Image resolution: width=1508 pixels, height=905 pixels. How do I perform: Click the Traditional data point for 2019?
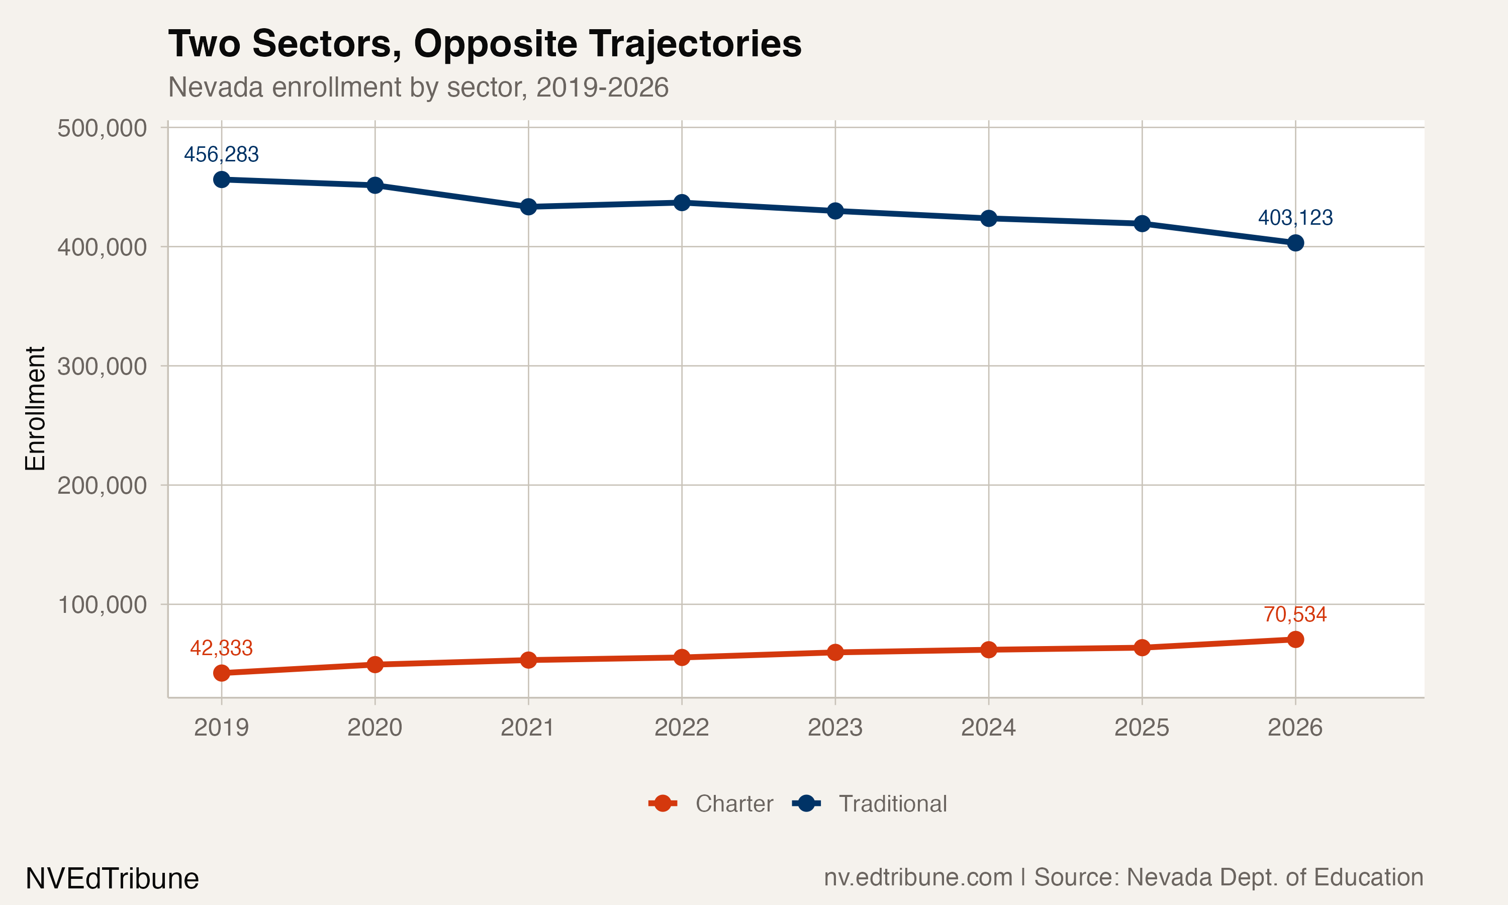(221, 179)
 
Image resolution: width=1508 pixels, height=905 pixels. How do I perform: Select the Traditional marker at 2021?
(528, 207)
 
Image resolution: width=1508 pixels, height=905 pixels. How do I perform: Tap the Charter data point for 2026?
(1295, 639)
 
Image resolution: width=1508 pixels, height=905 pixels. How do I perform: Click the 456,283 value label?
(221, 154)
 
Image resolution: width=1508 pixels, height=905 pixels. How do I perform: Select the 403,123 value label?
(1295, 218)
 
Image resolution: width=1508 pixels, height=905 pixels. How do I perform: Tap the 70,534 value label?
(1295, 614)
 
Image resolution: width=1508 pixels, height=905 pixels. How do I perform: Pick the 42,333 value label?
(221, 648)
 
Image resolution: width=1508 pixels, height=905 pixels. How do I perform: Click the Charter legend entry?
(711, 804)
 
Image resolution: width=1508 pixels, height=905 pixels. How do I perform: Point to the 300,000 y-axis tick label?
(102, 366)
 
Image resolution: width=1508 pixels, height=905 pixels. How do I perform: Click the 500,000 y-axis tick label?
(102, 128)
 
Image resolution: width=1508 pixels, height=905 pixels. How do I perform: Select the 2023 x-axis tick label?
(835, 727)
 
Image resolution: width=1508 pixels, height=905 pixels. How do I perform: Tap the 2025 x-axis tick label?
(1142, 727)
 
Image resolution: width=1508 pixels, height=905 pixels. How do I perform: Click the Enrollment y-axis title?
(35, 409)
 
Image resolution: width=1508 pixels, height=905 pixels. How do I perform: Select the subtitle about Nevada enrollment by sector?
(418, 87)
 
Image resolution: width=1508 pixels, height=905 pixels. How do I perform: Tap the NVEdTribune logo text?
(112, 879)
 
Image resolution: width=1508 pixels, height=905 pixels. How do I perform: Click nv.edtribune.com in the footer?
(918, 877)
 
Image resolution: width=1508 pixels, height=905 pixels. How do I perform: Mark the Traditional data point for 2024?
(989, 218)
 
